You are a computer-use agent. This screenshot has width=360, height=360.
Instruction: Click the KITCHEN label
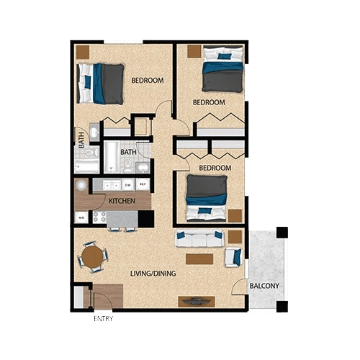(122, 201)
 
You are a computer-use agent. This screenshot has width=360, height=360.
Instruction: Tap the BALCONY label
(264, 286)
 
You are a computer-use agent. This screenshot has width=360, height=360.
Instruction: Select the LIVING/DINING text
(153, 274)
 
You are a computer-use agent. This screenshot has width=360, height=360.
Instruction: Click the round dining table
(92, 256)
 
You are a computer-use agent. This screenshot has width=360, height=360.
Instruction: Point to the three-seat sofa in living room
(199, 239)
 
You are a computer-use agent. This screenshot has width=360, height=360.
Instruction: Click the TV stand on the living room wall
(196, 302)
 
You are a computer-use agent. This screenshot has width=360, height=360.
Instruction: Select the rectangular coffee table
(199, 258)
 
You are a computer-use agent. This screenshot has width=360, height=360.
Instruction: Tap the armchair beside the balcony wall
(233, 256)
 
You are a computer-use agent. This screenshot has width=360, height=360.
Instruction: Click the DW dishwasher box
(127, 185)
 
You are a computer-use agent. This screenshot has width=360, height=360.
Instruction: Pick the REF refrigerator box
(143, 185)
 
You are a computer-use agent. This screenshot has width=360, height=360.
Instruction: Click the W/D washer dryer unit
(81, 217)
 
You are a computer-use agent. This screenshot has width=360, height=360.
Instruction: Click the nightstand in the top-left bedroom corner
(83, 52)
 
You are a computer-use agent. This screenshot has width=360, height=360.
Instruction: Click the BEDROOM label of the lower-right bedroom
(215, 168)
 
